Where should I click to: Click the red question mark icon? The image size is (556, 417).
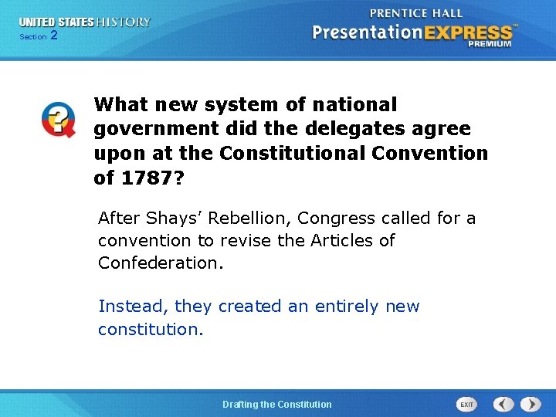point(58,120)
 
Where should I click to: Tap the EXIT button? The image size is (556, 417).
point(466,404)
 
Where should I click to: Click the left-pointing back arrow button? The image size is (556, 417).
point(503,404)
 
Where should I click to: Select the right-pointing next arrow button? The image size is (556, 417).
point(531,404)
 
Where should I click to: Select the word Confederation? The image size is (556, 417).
point(160,263)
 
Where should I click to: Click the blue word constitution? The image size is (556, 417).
point(150,329)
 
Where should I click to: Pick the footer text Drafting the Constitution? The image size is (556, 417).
point(277,404)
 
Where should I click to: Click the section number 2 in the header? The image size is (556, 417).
point(53,36)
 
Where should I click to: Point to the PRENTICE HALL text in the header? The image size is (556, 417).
point(416,13)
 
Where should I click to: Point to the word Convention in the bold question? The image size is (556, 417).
point(430,153)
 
